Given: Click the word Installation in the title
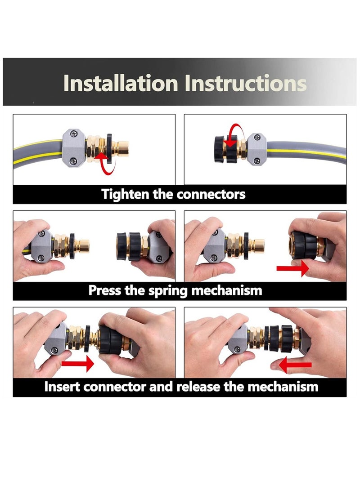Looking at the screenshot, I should point(121,83).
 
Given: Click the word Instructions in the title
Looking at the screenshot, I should point(245,83).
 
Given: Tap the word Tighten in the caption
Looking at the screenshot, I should point(122,194).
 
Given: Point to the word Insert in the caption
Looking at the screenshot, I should point(64,387).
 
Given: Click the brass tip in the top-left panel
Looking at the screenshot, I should point(121,149).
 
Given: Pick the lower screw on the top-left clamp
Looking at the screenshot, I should point(74,160).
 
